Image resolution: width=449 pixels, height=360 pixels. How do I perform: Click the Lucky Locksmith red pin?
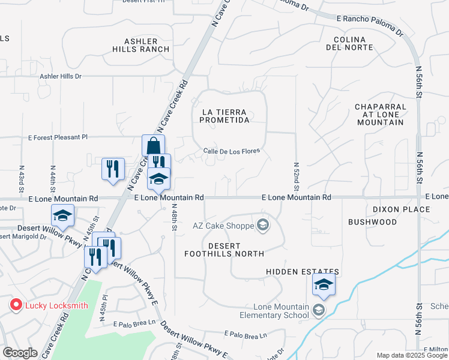click(x=16, y=305)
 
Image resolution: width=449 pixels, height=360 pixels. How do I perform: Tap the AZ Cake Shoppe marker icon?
click(x=262, y=226)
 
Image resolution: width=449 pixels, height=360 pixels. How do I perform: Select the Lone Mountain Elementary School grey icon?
click(x=318, y=310)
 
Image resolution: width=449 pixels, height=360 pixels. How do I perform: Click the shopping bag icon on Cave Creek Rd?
click(x=154, y=146)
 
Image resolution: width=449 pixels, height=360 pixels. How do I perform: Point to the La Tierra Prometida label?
click(x=226, y=116)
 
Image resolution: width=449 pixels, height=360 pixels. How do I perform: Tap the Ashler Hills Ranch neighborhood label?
click(x=146, y=45)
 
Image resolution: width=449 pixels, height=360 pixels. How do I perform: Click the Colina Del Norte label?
click(x=349, y=43)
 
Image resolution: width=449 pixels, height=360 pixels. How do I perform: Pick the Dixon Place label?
click(x=401, y=209)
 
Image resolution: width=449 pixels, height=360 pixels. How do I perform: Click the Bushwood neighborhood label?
click(x=372, y=222)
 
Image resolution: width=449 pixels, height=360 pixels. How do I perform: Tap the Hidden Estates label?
click(x=298, y=272)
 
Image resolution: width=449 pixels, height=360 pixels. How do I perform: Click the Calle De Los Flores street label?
click(x=231, y=151)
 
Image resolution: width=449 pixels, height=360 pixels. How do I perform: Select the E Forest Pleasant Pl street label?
click(x=58, y=137)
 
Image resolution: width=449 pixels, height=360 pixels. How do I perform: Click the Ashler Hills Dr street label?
click(x=60, y=77)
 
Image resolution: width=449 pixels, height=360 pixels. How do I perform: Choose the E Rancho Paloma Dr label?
click(x=370, y=26)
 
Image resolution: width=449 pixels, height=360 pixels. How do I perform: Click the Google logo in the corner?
click(x=20, y=353)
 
